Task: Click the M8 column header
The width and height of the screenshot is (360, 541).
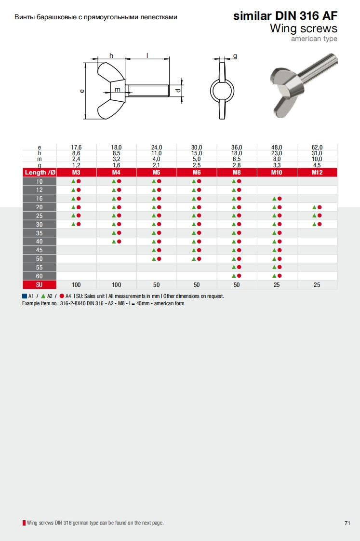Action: tap(237, 172)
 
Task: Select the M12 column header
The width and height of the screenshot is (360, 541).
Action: tap(317, 172)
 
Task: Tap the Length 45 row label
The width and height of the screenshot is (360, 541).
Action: tap(40, 250)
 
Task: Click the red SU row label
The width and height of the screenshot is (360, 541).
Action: tap(40, 284)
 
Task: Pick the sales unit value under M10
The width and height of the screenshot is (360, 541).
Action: tap(277, 284)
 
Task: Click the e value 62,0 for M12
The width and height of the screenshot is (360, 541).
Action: tap(317, 148)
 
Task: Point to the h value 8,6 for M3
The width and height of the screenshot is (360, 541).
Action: tap(76, 153)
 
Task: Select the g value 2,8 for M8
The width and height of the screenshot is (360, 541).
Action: tap(237, 165)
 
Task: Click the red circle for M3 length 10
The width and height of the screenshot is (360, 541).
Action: tap(79, 181)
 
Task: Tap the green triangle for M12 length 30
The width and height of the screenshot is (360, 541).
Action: tap(315, 224)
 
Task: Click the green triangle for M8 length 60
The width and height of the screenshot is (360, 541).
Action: tap(234, 276)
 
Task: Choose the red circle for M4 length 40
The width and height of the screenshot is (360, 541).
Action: tap(119, 242)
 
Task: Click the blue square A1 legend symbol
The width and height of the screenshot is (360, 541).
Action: tap(25, 296)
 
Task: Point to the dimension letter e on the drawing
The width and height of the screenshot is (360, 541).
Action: tap(82, 91)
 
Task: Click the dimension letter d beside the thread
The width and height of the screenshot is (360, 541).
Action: tap(178, 90)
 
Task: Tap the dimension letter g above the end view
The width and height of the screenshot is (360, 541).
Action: tap(235, 55)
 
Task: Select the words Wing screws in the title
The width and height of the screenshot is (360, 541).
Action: tap(304, 28)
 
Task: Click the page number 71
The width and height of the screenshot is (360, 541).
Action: tap(347, 523)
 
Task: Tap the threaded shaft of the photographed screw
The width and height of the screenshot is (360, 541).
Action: tap(317, 68)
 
